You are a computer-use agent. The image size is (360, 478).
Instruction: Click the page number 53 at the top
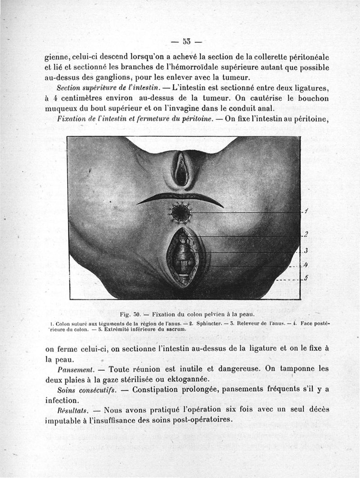click(x=186, y=42)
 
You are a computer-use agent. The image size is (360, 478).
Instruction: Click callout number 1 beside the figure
click(x=306, y=211)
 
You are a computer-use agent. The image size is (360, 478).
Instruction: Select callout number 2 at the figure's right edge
click(x=306, y=234)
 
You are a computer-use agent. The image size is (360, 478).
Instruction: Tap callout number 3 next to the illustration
click(x=306, y=250)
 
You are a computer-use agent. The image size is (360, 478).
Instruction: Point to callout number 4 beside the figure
click(x=306, y=265)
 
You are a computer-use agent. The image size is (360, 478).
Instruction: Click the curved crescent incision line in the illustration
click(x=180, y=198)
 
